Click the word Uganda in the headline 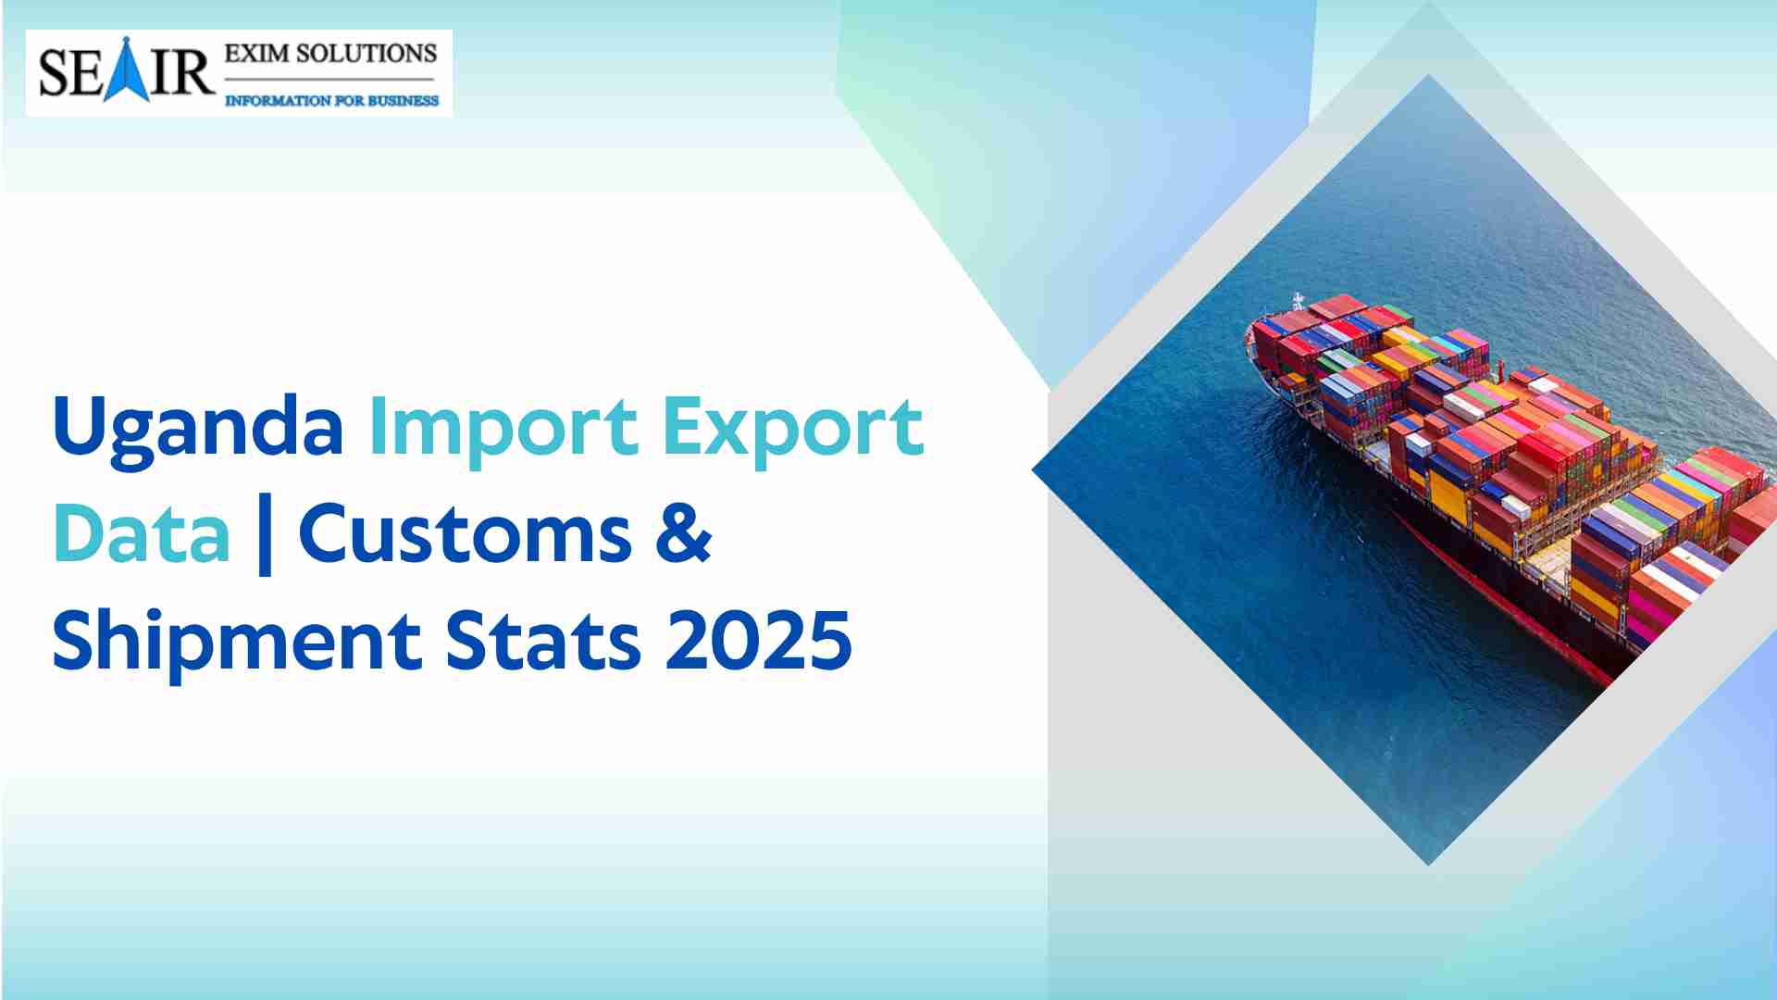click(198, 428)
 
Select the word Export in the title click(793, 428)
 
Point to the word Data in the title click(142, 534)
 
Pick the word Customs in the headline click(466, 535)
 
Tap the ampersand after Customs click(684, 534)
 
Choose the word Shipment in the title click(237, 641)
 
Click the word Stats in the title click(543, 641)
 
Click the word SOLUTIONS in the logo click(367, 54)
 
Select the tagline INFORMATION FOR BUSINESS click(332, 100)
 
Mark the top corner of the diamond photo click(1428, 76)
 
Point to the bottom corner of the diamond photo click(1429, 865)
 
